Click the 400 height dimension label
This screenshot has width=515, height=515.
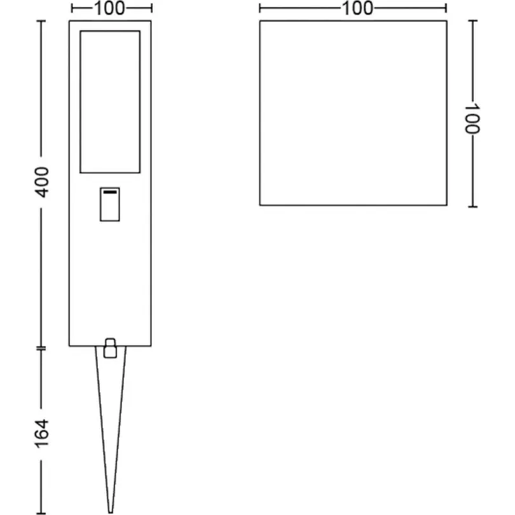pyautogui.click(x=42, y=182)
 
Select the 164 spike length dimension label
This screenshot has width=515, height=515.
pyautogui.click(x=42, y=434)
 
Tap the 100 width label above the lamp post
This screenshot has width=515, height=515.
pyautogui.click(x=110, y=8)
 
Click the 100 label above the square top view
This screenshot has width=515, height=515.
pyautogui.click(x=358, y=8)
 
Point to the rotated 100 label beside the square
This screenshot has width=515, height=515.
pyautogui.click(x=472, y=118)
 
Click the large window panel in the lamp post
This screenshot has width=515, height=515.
pyautogui.click(x=110, y=102)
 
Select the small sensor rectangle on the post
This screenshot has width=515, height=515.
pyautogui.click(x=110, y=204)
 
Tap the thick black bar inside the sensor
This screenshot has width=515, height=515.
pyautogui.click(x=110, y=192)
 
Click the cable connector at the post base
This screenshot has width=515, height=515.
pyautogui.click(x=111, y=348)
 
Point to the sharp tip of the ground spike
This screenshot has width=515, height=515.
pyautogui.click(x=111, y=512)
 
